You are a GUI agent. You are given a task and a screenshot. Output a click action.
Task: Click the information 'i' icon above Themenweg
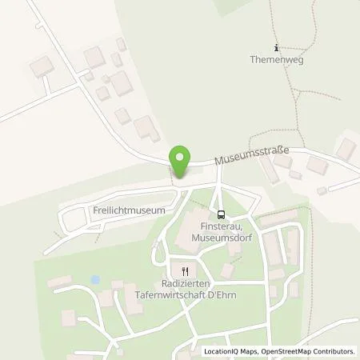point(276,47)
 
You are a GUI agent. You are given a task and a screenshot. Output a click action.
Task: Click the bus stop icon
point(220,214)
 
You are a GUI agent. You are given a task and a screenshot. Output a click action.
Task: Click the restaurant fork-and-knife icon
point(185,270)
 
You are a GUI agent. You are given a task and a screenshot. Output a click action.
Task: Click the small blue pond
point(95,281)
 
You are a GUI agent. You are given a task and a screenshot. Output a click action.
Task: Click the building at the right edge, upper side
point(346,148)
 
